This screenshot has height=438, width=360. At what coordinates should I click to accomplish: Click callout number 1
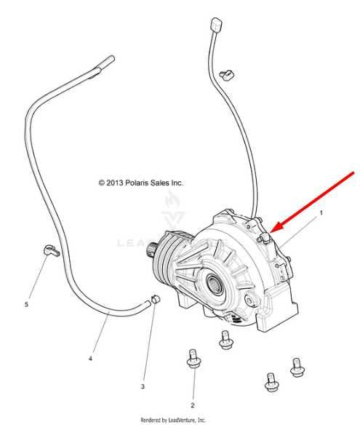pos(321,213)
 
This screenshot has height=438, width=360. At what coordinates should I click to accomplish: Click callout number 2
pos(193,405)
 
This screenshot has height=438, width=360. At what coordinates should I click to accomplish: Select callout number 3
pos(143,386)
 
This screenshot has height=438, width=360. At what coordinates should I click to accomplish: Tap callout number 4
pos(90,359)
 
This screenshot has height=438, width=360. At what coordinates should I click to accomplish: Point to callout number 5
pos(26,304)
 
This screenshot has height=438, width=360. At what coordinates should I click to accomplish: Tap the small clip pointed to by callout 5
pos(52,250)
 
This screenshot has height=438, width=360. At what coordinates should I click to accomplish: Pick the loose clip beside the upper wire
pos(227,75)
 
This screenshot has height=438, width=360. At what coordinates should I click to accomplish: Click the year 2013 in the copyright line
pos(114,183)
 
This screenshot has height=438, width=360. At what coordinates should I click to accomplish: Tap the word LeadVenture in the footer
pos(182,420)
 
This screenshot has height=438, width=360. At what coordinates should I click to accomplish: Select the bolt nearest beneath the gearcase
pos(225,340)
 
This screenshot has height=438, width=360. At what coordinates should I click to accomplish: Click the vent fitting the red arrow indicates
pos(263,238)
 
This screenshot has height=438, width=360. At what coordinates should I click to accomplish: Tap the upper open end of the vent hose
pos(111,59)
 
